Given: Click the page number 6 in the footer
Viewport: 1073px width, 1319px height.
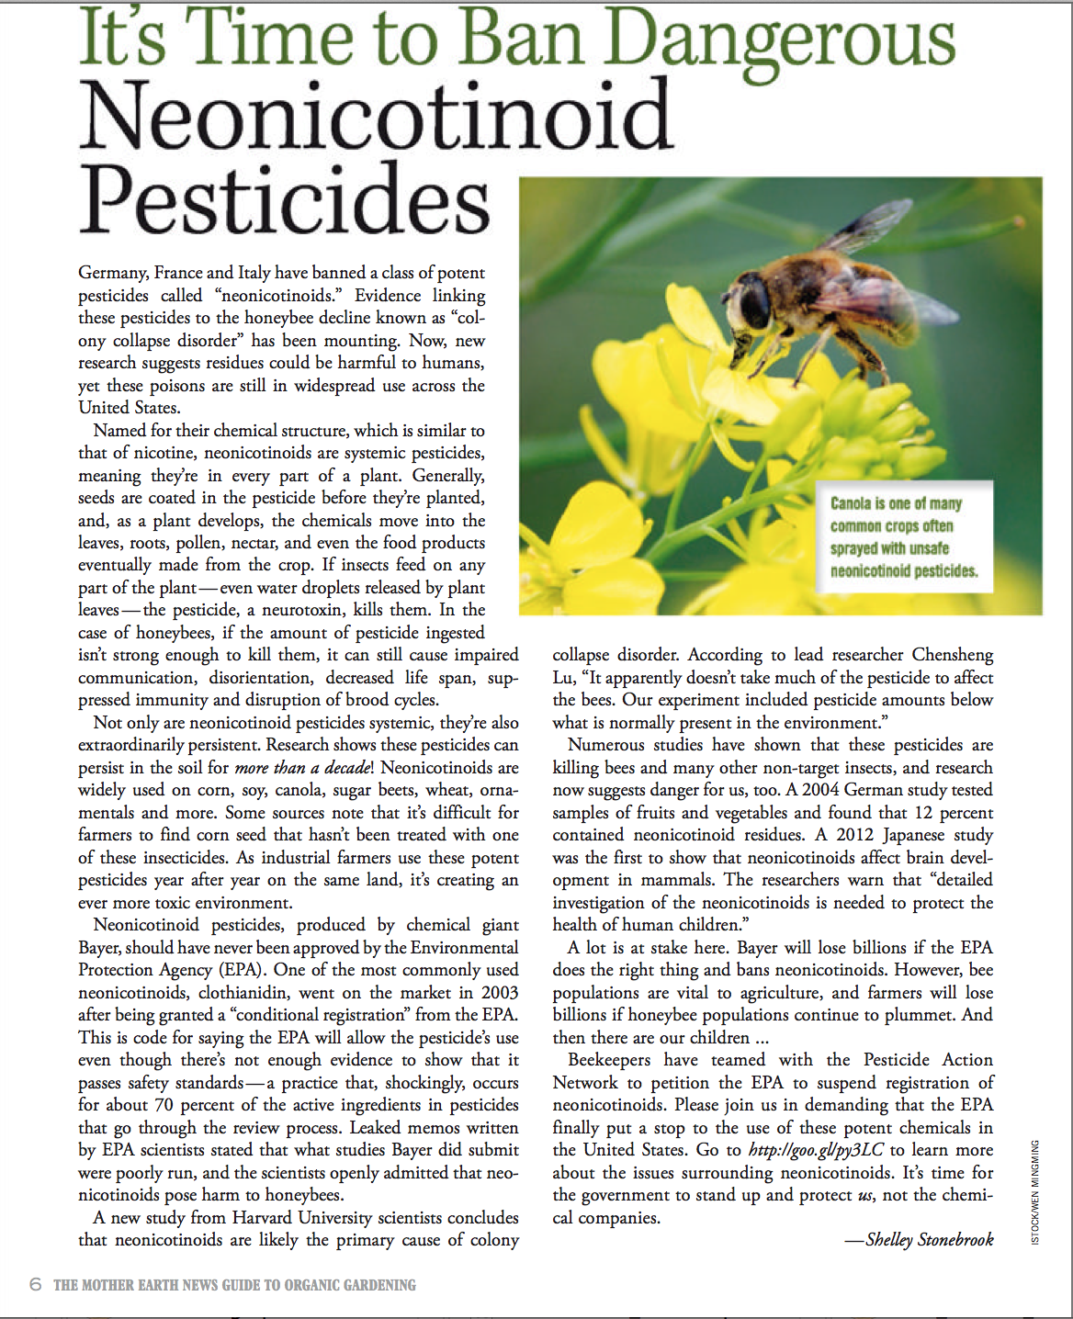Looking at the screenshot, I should click(x=36, y=1284).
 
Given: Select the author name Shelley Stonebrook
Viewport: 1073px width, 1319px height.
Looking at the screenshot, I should click(x=929, y=1240).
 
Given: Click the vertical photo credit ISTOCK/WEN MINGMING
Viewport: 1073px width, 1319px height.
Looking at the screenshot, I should click(x=1035, y=1192).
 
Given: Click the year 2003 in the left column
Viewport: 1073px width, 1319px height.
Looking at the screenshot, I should click(x=500, y=993).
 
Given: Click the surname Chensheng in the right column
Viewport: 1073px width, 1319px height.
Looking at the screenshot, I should click(x=953, y=655).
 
